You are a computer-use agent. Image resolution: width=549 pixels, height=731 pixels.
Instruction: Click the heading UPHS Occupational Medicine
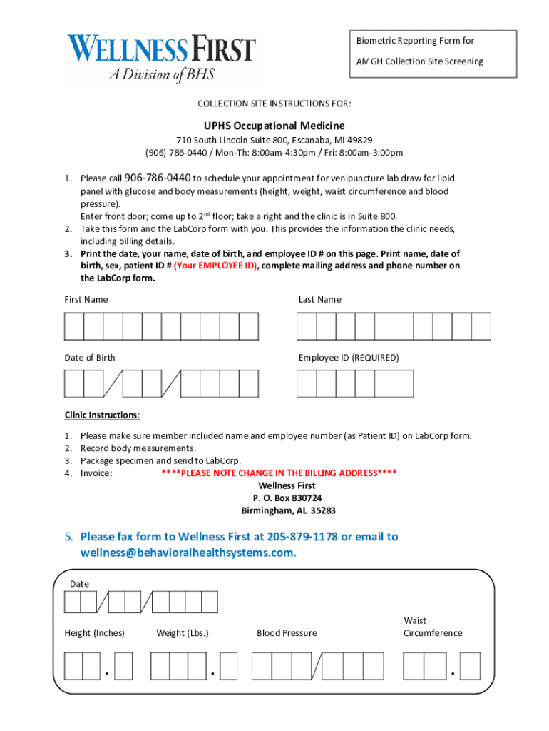point(274,125)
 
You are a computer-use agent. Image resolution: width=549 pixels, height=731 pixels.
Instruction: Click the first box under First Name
point(74,326)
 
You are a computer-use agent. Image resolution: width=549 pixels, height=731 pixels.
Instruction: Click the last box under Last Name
point(481,326)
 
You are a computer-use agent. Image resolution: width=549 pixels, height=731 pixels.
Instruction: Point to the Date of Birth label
point(90,358)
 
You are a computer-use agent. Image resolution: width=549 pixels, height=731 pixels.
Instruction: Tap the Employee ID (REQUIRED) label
point(349,358)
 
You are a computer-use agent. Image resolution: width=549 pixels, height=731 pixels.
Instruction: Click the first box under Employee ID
point(307,383)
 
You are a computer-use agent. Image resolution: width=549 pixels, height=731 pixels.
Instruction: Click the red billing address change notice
point(279,473)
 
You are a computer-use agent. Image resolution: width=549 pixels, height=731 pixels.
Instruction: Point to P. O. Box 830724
point(287,498)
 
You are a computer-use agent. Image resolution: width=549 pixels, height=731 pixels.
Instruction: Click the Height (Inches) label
point(95,633)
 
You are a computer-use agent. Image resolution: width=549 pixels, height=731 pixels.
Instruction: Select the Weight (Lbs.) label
point(183,633)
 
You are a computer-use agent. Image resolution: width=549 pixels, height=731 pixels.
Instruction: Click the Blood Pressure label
point(287,633)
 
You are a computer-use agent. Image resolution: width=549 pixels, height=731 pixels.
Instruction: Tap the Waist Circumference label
point(432,627)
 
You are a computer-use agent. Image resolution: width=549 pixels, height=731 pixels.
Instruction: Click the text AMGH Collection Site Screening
point(419,61)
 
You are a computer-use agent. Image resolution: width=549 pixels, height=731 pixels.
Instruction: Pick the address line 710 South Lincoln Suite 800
point(274,140)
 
